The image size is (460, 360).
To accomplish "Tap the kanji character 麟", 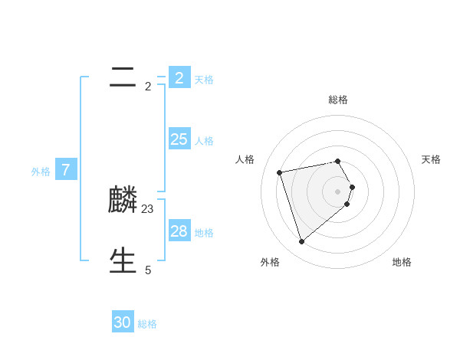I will coord(123,200).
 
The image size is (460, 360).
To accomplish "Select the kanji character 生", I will coord(123,260).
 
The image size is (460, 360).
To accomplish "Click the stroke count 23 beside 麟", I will coord(148,208).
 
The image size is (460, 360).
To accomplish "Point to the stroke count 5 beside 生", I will coord(148,270).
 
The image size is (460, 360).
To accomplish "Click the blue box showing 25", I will coord(179,139).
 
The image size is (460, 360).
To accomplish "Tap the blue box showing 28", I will coord(179,231).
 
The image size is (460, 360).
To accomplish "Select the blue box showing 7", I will coord(66,170).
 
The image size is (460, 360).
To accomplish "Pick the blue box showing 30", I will coord(123,322).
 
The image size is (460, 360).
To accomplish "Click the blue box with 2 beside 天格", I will coord(179,77).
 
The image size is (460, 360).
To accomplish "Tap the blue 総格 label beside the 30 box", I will coord(147,324).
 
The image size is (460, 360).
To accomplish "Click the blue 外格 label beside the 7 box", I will coord(41,172).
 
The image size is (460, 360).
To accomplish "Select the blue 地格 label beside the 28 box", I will coord(204,233).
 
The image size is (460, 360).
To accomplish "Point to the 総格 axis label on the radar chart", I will coord(338,100).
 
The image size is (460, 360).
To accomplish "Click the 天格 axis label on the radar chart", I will coord(431,159).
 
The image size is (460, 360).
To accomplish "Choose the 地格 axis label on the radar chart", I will coord(402,262).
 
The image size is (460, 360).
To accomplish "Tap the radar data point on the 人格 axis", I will coord(280,172).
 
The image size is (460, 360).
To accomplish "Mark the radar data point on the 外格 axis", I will coord(301,241).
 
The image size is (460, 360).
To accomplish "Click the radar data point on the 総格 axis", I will coord(338,161).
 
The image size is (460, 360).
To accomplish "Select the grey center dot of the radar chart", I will coord(338,191).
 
